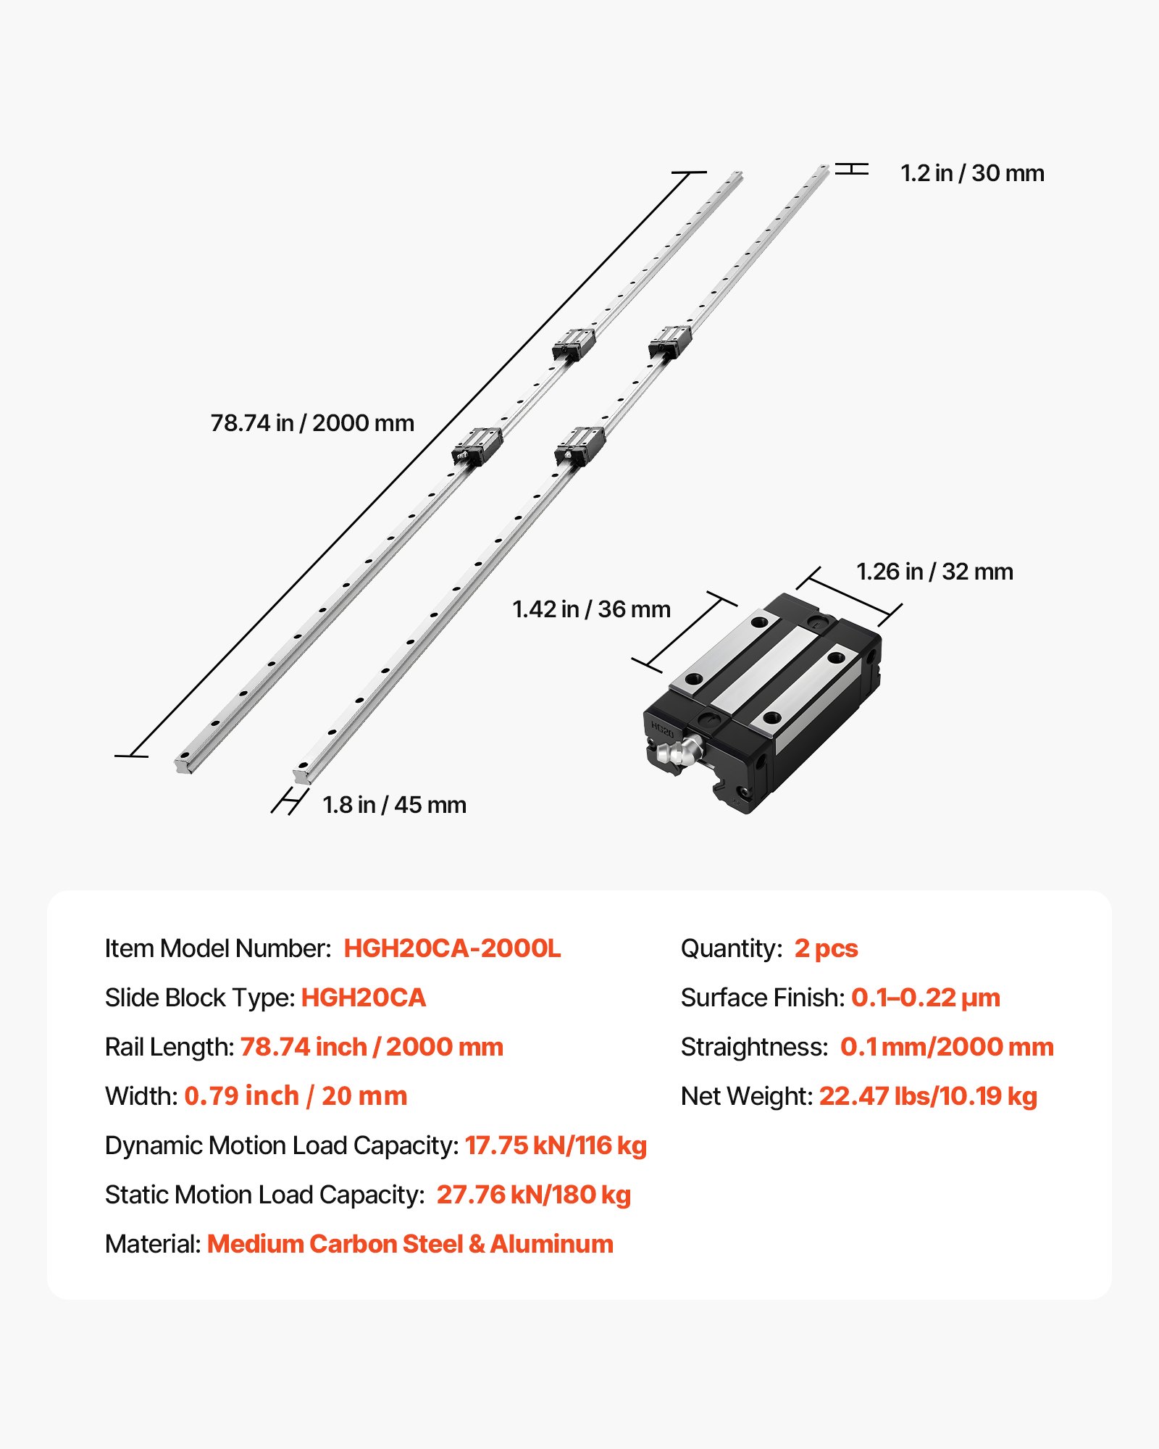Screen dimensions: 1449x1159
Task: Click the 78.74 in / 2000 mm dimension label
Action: (x=312, y=423)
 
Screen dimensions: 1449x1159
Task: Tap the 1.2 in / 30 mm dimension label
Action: (x=971, y=173)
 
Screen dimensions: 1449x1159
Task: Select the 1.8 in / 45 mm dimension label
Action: (x=394, y=805)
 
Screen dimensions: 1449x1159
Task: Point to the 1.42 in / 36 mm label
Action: (x=591, y=609)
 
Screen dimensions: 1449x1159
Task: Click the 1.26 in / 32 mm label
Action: (x=934, y=572)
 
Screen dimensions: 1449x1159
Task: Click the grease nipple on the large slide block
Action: (x=679, y=751)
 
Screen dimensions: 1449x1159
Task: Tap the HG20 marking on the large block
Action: (x=662, y=729)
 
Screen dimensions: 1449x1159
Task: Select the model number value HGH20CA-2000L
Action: (x=452, y=948)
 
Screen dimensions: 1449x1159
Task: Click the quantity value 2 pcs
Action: (x=826, y=948)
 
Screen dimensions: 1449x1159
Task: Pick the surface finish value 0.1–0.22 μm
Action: (x=925, y=998)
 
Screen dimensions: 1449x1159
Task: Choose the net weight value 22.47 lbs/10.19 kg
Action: (x=928, y=1096)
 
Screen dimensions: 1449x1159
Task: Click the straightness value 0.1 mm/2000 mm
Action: (x=946, y=1047)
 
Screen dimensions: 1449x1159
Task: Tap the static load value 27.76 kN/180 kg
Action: (x=533, y=1195)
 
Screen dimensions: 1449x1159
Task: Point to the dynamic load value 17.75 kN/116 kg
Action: (x=556, y=1145)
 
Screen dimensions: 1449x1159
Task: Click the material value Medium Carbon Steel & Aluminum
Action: (x=410, y=1244)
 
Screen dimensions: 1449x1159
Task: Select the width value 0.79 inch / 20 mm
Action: (x=296, y=1096)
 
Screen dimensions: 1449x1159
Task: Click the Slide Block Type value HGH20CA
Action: (x=363, y=998)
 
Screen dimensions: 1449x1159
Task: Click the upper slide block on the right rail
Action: (x=669, y=341)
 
